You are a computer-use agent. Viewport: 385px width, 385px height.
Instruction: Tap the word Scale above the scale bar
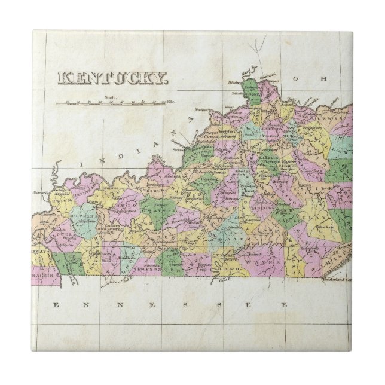pyautogui.click(x=110, y=97)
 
